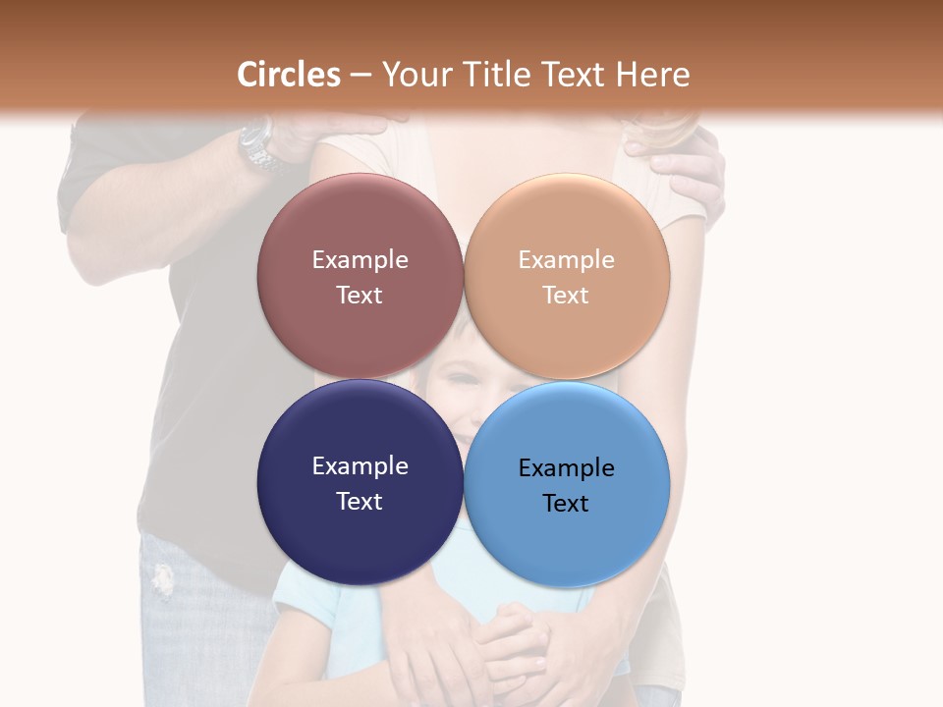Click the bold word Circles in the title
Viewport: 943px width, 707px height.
point(288,75)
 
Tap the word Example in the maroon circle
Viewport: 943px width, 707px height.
point(360,259)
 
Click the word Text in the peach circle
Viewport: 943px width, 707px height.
point(566,295)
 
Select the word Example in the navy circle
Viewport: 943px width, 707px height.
point(360,465)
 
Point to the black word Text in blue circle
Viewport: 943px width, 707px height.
point(566,503)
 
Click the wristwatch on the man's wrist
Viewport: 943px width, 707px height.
point(259,145)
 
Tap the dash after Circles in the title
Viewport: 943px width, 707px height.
point(361,76)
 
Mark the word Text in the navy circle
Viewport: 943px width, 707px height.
point(360,501)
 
